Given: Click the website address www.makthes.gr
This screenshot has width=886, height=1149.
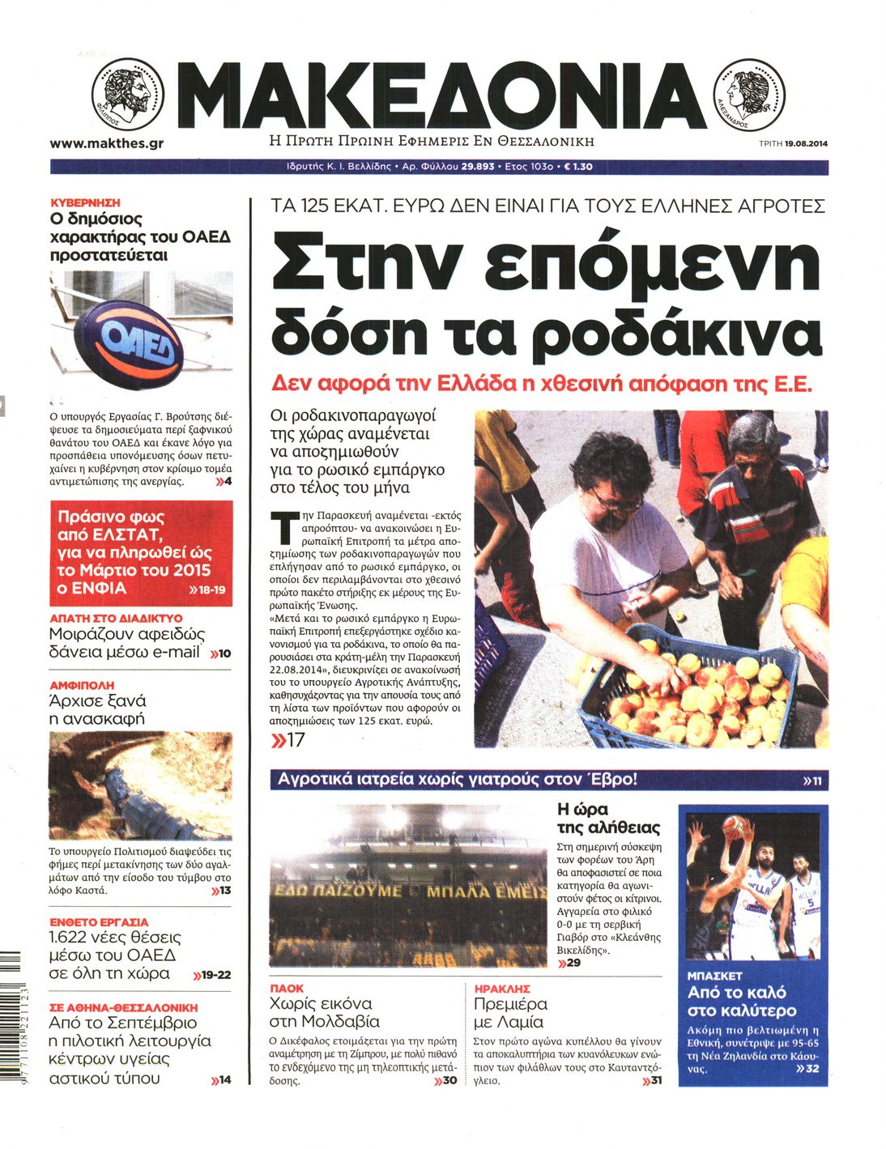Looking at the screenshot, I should (106, 143).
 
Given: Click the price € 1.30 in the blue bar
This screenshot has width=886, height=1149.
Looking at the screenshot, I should (577, 167).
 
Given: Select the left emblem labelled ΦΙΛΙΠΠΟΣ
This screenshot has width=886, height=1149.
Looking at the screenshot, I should (127, 95).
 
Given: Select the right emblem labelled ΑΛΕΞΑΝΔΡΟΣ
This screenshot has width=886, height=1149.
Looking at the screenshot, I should (748, 96).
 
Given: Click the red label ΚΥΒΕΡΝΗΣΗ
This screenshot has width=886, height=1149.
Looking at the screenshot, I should (85, 202).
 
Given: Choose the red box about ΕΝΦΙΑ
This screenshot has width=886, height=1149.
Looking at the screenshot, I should (141, 553).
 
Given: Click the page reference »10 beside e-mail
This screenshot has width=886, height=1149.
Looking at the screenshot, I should (220, 653).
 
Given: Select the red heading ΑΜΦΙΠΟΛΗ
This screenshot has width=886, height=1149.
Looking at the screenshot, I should (82, 685).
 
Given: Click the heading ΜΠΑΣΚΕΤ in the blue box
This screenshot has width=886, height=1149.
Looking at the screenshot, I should (714, 976).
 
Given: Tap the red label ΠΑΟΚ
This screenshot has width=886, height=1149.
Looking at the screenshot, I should (287, 988).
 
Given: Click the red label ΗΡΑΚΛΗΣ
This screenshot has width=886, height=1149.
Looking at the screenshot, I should (502, 989).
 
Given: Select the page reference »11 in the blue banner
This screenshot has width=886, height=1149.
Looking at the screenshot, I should (811, 781).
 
